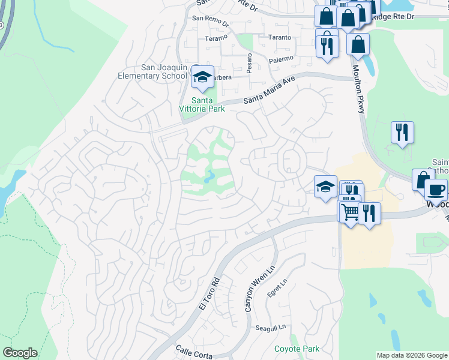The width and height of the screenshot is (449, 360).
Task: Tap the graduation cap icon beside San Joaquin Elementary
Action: (203, 77)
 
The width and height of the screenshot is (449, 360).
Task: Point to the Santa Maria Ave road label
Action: (270, 90)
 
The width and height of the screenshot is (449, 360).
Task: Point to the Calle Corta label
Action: (194, 352)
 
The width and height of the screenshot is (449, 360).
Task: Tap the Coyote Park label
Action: (297, 349)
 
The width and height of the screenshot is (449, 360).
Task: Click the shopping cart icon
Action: (349, 211)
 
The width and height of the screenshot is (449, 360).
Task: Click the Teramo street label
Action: (216, 38)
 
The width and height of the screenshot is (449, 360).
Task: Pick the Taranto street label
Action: (279, 37)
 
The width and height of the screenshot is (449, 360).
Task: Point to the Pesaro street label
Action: (249, 61)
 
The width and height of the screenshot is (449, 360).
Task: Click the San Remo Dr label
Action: (210, 19)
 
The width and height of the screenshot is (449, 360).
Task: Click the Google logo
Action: (20, 353)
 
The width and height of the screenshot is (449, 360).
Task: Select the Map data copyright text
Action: (412, 355)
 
